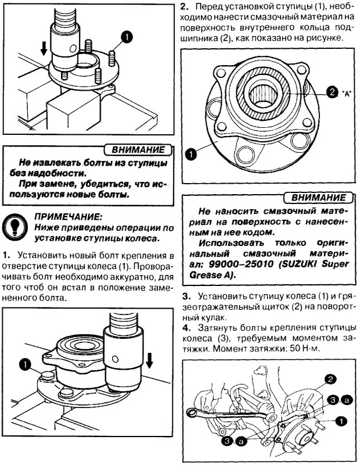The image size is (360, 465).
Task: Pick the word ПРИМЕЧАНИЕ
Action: click(x=68, y=216)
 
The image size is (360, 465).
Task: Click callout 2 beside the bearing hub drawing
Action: click(x=332, y=92)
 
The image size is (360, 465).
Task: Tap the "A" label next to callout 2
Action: click(x=347, y=93)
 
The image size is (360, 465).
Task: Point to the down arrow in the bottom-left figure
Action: click(x=149, y=360)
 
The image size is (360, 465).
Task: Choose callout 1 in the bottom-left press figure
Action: click(x=25, y=364)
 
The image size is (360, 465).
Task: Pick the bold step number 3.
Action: click(x=185, y=296)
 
